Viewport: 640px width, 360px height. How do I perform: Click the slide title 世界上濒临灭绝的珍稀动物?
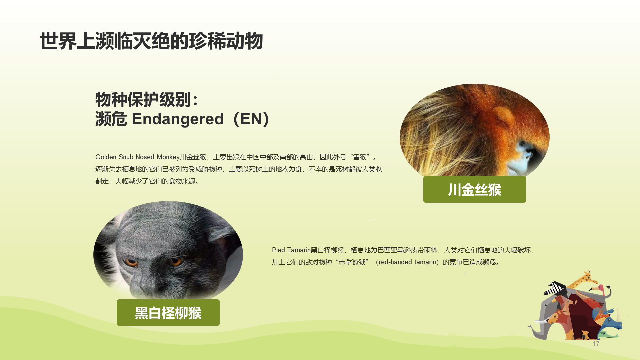(151, 41)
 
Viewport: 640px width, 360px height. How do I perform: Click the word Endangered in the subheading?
(178, 119)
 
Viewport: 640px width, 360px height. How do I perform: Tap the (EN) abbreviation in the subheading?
(251, 119)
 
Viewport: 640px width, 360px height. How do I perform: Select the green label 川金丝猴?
(474, 189)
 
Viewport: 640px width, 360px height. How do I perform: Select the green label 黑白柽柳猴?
(168, 313)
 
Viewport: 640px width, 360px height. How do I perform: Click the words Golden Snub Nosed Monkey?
(137, 157)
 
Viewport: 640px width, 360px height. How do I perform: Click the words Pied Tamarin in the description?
(291, 250)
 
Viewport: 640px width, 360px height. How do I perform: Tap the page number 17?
(596, 344)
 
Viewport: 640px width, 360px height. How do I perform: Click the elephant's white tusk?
(542, 322)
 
